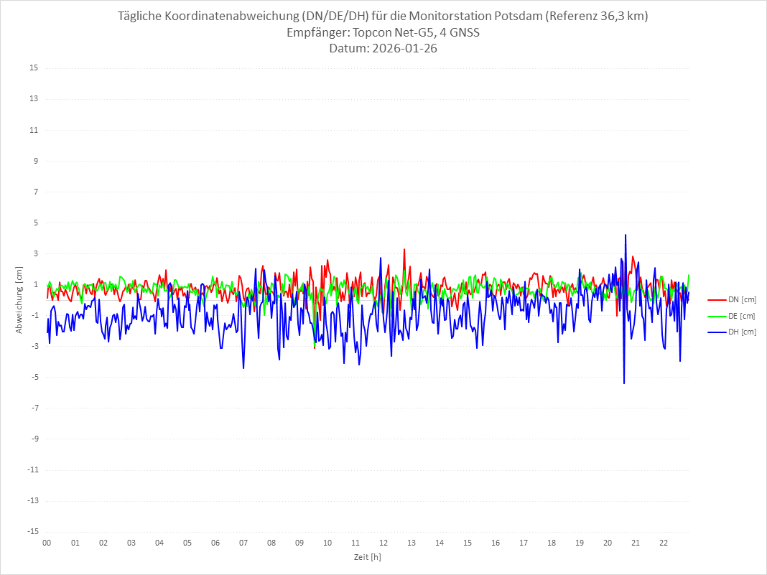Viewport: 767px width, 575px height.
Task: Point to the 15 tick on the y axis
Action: click(x=34, y=68)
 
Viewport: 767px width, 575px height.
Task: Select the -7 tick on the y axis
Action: click(x=34, y=408)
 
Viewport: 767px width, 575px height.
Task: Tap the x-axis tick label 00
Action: click(x=47, y=543)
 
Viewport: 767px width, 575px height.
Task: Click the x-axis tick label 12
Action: click(x=383, y=543)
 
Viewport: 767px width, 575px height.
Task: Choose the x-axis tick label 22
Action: click(x=664, y=543)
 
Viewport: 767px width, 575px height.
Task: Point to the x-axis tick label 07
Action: click(x=243, y=543)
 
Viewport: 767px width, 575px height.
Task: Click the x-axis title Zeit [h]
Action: click(x=367, y=556)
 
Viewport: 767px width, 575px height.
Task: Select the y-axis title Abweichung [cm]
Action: click(x=19, y=300)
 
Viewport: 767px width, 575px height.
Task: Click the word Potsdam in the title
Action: click(x=519, y=17)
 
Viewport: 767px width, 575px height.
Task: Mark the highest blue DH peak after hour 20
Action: click(x=626, y=235)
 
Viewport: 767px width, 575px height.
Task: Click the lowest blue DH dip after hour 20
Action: click(x=624, y=383)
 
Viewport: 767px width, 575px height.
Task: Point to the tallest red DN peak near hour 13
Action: click(x=404, y=249)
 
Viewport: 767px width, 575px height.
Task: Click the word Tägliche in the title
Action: click(x=142, y=17)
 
